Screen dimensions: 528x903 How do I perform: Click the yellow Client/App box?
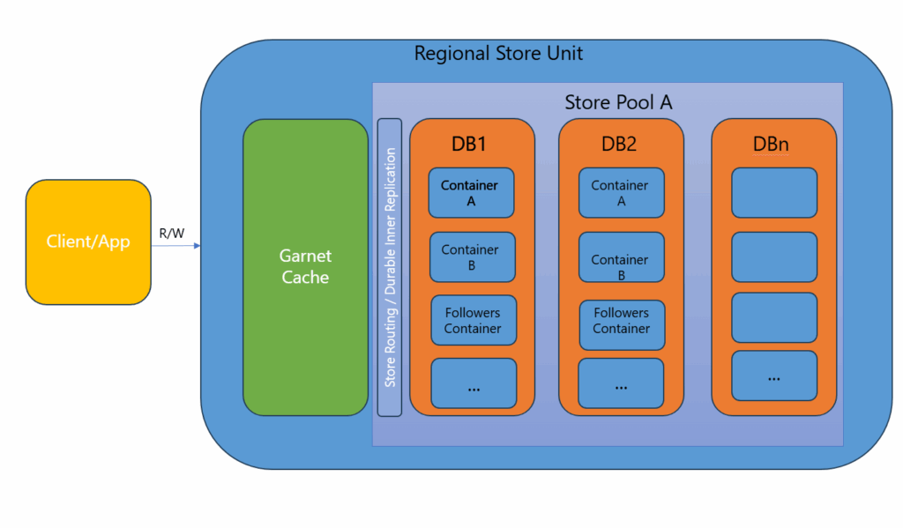pyautogui.click(x=88, y=242)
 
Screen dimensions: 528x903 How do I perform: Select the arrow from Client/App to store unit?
pyautogui.click(x=175, y=247)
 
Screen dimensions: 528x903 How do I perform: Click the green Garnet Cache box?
pyautogui.click(x=305, y=267)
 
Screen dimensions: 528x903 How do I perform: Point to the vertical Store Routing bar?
pyautogui.click(x=390, y=267)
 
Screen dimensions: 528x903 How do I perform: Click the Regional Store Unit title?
pyautogui.click(x=498, y=54)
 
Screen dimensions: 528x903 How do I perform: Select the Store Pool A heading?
pyautogui.click(x=618, y=102)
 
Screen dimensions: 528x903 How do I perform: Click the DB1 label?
pyautogui.click(x=471, y=145)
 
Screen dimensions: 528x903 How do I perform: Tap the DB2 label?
pyautogui.click(x=619, y=145)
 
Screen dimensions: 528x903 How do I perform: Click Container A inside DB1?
pyautogui.click(x=470, y=193)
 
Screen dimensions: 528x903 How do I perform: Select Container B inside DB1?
pyautogui.click(x=471, y=257)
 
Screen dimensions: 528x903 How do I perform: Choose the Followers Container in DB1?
pyautogui.click(x=473, y=321)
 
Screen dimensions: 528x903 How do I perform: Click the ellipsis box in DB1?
pyautogui.click(x=474, y=383)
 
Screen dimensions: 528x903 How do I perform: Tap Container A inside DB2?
pyautogui.click(x=620, y=193)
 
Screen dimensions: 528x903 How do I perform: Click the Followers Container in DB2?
pyautogui.click(x=621, y=321)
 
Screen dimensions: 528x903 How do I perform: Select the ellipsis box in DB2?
pyautogui.click(x=621, y=383)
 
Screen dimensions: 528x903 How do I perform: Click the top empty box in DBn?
pyautogui.click(x=773, y=193)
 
